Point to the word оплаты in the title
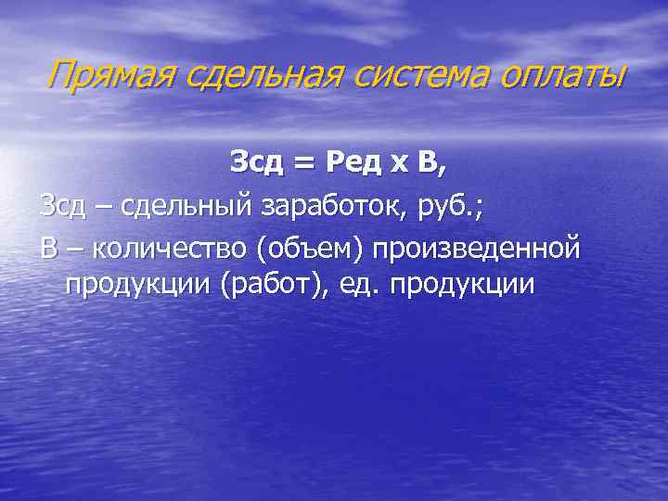[x=561, y=74]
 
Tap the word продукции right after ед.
[x=464, y=284]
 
